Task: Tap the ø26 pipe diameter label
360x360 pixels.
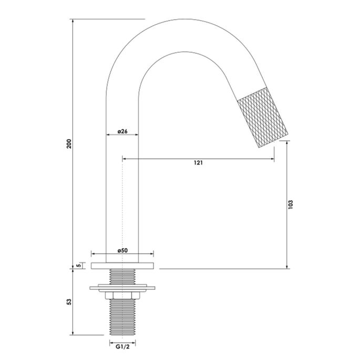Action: [x=122, y=131]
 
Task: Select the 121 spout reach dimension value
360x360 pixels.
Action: [x=198, y=163]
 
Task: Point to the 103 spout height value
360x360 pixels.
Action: [x=291, y=204]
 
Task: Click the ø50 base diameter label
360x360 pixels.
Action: [x=122, y=251]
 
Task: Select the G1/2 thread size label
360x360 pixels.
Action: [x=122, y=345]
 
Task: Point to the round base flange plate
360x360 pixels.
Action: [x=122, y=265]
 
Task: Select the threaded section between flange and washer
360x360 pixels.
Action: [x=122, y=276]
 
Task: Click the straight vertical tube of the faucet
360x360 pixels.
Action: [x=122, y=200]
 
